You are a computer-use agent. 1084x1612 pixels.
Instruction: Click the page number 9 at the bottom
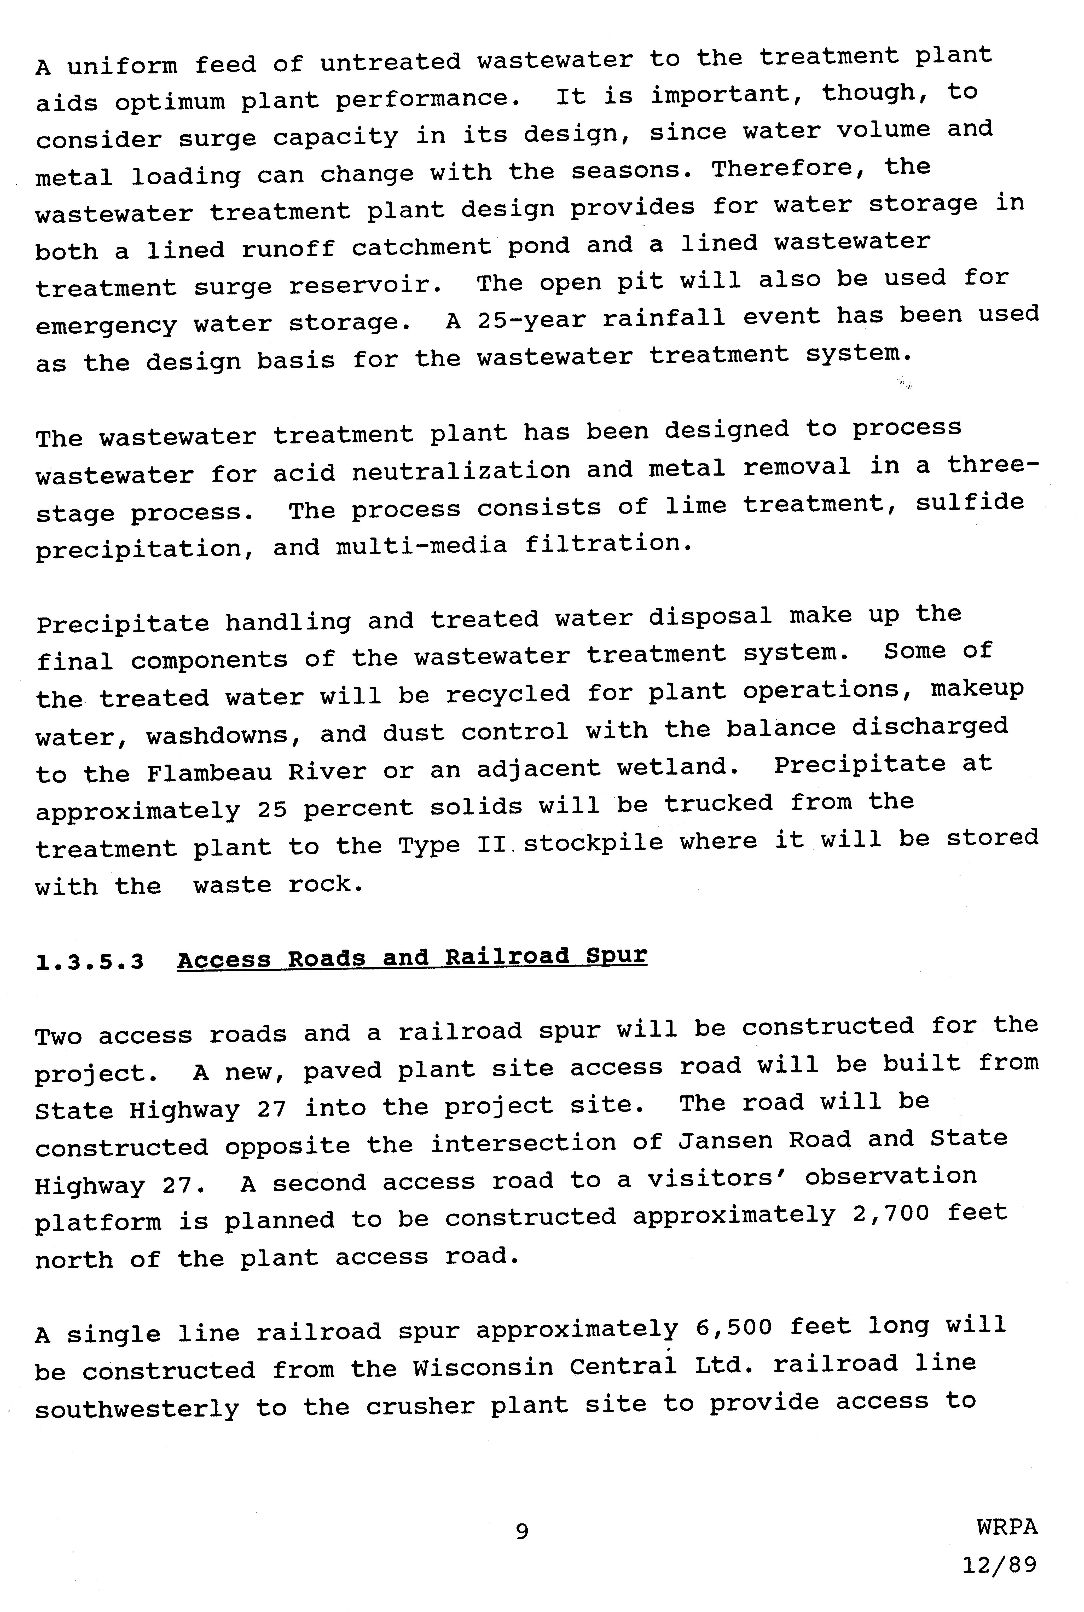(522, 1531)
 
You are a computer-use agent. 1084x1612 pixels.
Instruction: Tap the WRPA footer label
(1007, 1526)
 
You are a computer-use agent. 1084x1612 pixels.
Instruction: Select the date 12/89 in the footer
(1000, 1564)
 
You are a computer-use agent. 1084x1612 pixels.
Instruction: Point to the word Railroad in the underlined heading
(507, 957)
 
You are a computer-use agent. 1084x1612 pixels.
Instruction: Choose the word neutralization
(461, 471)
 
